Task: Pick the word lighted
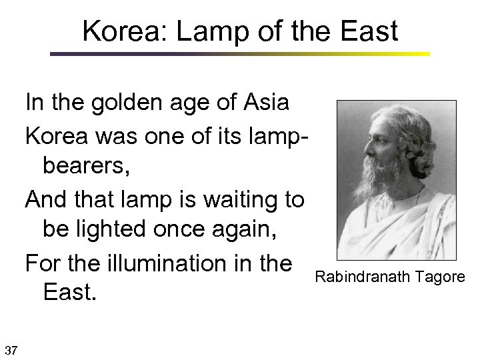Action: (x=133, y=231)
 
